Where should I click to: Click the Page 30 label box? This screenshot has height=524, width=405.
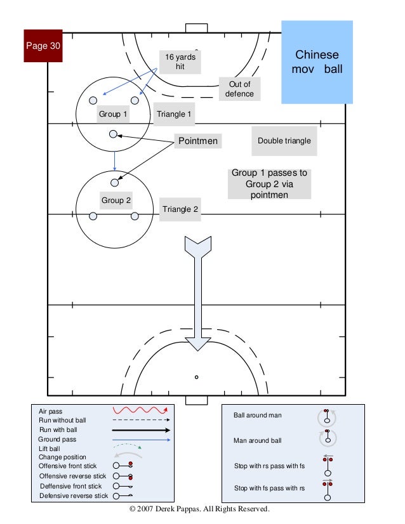(43, 46)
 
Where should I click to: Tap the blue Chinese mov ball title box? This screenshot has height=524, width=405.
(316, 62)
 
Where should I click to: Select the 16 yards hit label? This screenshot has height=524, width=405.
(180, 62)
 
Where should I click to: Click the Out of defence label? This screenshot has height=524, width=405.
(239, 89)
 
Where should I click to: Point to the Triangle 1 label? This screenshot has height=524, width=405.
(175, 115)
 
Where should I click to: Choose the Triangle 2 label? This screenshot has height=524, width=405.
(181, 209)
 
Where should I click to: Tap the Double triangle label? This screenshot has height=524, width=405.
(284, 141)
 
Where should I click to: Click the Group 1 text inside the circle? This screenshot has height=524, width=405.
(113, 115)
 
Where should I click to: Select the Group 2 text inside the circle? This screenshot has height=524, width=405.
(116, 200)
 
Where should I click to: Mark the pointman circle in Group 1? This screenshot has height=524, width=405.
(113, 134)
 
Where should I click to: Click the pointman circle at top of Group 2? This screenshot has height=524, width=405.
(115, 183)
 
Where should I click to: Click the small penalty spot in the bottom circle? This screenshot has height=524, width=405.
(197, 377)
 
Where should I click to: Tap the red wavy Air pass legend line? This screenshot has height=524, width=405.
(140, 410)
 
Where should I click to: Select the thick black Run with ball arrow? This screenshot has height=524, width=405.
(142, 429)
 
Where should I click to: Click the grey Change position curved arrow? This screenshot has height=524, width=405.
(128, 455)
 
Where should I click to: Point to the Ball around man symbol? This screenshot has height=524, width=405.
(328, 416)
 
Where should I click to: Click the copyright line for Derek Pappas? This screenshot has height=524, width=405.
(199, 509)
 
